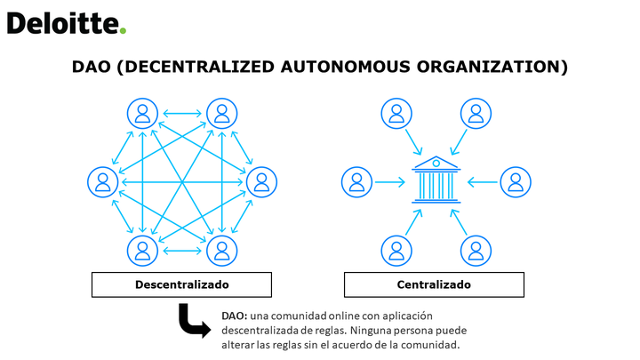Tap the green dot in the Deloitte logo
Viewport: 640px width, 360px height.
click(123, 30)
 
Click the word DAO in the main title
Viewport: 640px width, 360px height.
click(92, 67)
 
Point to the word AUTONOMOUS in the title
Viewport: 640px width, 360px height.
click(345, 67)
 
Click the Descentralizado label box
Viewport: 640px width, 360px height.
click(181, 284)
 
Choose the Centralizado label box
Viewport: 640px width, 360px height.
click(434, 284)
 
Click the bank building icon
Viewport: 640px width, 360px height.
click(436, 180)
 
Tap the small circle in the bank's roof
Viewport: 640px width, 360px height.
click(436, 164)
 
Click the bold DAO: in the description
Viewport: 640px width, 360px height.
click(235, 316)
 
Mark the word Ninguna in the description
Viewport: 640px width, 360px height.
click(367, 330)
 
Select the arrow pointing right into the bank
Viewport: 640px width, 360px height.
click(390, 182)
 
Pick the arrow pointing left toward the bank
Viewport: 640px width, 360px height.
click(483, 182)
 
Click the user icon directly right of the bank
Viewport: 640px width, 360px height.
click(516, 182)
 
